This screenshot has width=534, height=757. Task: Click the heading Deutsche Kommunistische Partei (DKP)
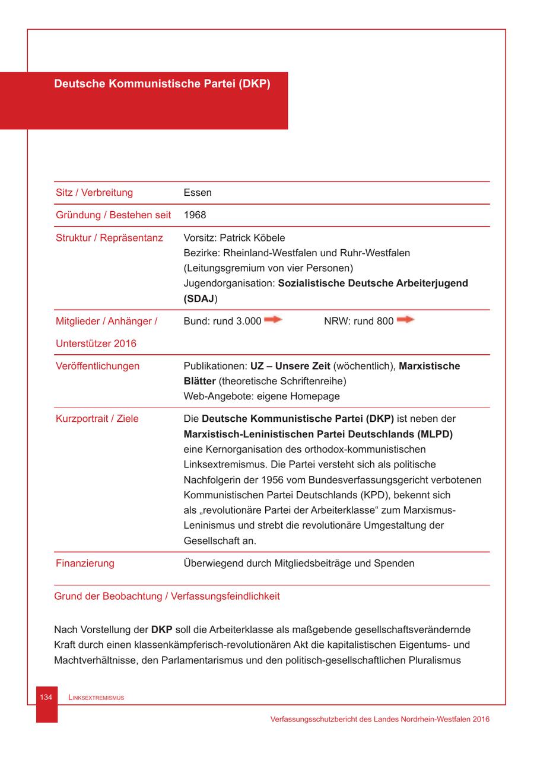tap(162, 84)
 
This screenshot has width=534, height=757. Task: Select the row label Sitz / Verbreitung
tap(94, 193)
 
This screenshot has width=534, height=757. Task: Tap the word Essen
tap(198, 193)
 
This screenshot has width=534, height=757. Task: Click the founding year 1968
tap(195, 215)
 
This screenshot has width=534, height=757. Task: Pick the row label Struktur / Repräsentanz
tap(109, 238)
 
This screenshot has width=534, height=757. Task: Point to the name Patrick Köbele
tap(252, 238)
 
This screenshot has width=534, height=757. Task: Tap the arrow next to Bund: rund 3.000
tap(273, 320)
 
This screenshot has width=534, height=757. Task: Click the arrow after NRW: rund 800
tap(405, 320)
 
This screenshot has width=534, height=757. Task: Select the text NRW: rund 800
tap(358, 321)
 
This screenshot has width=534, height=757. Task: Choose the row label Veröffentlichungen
tap(97, 366)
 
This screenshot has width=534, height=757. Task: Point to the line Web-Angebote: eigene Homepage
tap(262, 396)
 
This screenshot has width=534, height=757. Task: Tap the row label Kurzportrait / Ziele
tap(97, 419)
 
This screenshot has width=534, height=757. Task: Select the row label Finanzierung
tap(85, 563)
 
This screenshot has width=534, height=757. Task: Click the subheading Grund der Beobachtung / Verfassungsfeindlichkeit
tap(167, 596)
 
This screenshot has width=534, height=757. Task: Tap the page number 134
tap(46, 698)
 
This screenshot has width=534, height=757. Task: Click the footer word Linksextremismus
tap(96, 698)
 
